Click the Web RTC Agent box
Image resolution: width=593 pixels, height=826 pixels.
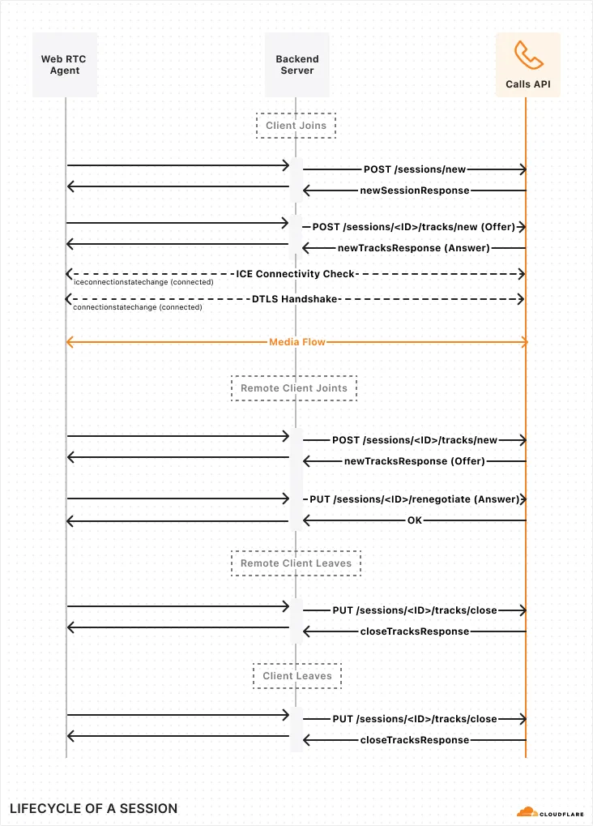tap(65, 65)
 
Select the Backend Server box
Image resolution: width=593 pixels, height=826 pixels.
tap(296, 65)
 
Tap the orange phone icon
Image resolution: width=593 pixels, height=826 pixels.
tap(528, 54)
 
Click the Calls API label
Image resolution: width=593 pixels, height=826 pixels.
tap(528, 84)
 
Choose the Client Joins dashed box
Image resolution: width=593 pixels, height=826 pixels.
tap(296, 126)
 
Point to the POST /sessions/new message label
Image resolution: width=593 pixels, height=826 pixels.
tap(415, 169)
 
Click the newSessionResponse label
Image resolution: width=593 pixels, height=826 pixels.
tap(415, 190)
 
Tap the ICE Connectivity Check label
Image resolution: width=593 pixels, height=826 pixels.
tap(296, 274)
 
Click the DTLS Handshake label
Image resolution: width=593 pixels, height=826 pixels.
tap(295, 299)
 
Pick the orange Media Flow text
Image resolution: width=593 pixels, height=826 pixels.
tap(297, 342)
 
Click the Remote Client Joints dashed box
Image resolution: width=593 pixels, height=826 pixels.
tap(294, 388)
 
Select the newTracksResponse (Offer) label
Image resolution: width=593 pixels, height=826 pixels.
tap(415, 461)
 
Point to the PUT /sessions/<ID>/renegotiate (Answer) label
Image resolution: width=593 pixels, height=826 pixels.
tap(414, 499)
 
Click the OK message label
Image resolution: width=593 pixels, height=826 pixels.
tap(414, 520)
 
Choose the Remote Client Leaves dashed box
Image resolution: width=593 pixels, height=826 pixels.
tap(296, 563)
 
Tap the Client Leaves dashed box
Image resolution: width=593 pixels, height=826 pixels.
tap(297, 676)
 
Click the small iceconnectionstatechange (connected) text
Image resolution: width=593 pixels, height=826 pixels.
tap(143, 283)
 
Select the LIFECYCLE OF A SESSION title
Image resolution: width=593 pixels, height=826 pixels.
tap(93, 808)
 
